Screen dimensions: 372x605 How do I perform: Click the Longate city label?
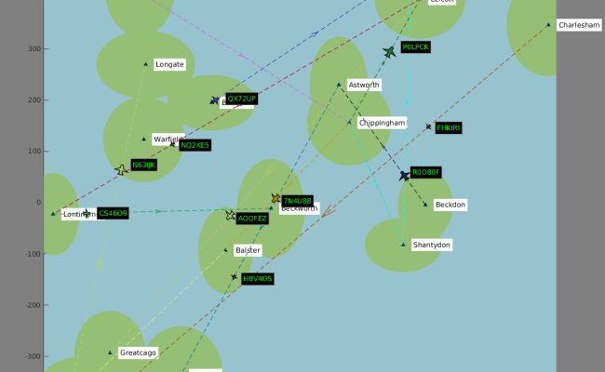click(170, 64)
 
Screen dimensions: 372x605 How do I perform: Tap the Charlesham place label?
click(578, 25)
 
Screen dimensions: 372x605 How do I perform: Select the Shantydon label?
click(432, 245)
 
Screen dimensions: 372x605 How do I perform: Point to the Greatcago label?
click(139, 352)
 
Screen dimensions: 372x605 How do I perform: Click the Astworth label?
click(364, 85)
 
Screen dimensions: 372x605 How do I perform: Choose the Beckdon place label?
click(450, 205)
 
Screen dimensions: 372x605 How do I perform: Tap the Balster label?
click(248, 250)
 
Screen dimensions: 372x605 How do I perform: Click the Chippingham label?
click(383, 122)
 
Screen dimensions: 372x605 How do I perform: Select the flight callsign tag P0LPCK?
click(416, 46)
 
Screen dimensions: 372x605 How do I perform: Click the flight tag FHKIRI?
click(449, 127)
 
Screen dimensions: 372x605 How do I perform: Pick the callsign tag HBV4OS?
click(258, 278)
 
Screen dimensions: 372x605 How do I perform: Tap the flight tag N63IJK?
click(144, 165)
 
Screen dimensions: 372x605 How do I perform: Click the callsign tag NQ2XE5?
click(195, 145)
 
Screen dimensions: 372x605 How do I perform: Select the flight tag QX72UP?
click(241, 99)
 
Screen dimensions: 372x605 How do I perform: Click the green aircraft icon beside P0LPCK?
click(389, 52)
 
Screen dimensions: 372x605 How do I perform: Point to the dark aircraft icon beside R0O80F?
click(405, 176)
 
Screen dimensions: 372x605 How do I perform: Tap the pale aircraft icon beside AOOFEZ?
click(231, 216)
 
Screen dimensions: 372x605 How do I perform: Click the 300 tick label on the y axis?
click(34, 48)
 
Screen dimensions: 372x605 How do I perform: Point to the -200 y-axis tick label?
click(30, 305)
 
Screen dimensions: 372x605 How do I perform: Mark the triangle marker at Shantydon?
click(404, 245)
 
